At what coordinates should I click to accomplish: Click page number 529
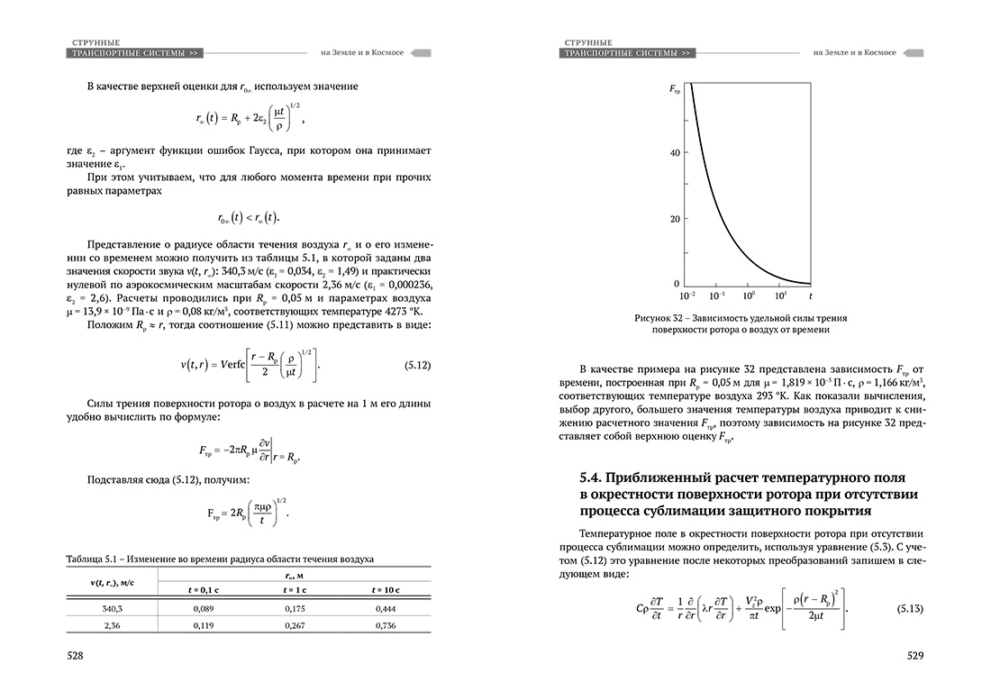pyautogui.click(x=915, y=657)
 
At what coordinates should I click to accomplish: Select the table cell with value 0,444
pyautogui.click(x=385, y=609)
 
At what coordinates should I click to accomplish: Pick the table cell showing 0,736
pyautogui.click(x=385, y=625)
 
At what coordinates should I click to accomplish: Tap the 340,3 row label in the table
pyautogui.click(x=113, y=609)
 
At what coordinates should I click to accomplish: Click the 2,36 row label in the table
pyautogui.click(x=113, y=625)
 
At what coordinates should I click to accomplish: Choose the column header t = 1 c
pyautogui.click(x=292, y=589)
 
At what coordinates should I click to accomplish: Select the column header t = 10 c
pyautogui.click(x=385, y=589)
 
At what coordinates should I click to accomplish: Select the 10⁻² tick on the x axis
pyautogui.click(x=688, y=295)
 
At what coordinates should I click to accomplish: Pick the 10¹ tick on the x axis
pyautogui.click(x=780, y=295)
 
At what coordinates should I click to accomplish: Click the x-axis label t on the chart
pyautogui.click(x=810, y=295)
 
